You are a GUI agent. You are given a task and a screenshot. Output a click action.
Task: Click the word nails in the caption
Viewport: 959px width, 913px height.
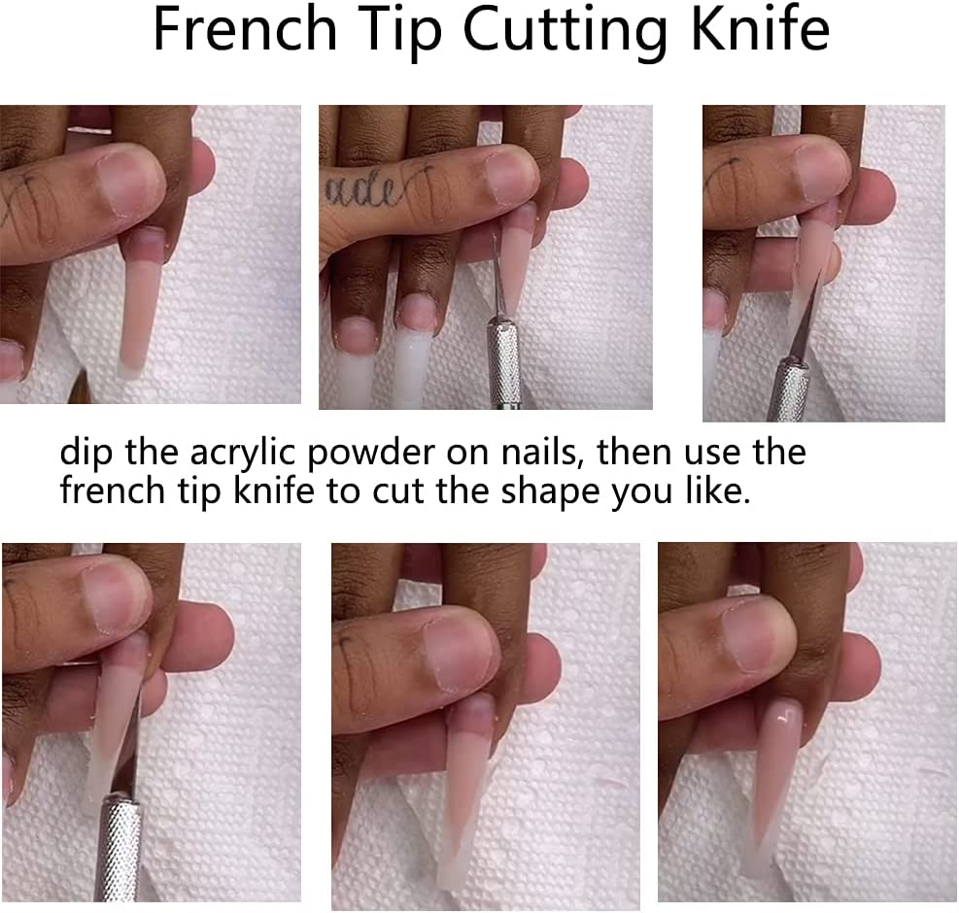tap(537, 453)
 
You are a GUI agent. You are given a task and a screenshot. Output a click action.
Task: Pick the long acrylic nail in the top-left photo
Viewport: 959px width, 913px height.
tap(140, 301)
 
